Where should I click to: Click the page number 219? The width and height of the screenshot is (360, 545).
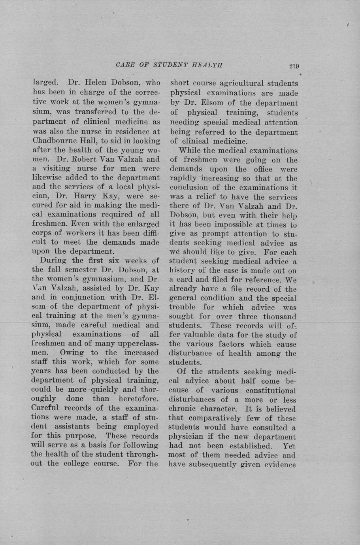(294, 66)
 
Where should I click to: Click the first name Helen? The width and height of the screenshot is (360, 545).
(95, 83)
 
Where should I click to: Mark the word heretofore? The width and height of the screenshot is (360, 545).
(135, 398)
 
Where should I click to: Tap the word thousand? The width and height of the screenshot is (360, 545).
(279, 317)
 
